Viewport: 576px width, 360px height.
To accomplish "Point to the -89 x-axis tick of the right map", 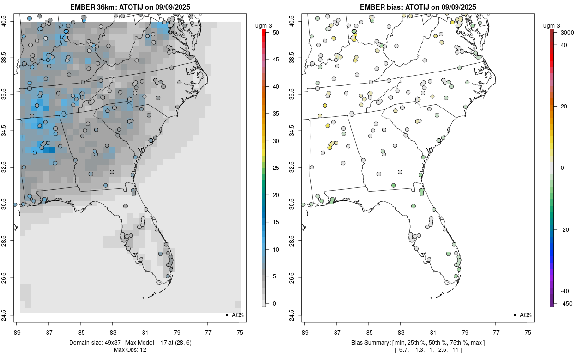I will pos(305,331).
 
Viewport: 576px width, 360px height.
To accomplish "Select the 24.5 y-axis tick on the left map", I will pos(10,315).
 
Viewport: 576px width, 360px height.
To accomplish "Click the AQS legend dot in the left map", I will pos(226,315).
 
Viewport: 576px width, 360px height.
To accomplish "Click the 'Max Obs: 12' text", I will pos(130,350).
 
